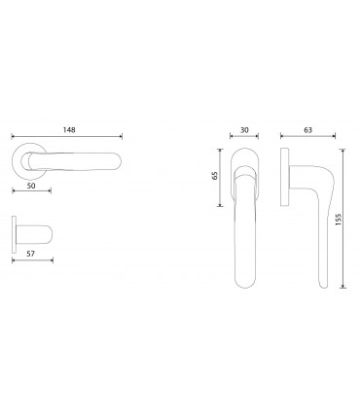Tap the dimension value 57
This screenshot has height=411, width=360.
point(30,249)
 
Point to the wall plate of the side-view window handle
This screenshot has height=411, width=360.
point(283,177)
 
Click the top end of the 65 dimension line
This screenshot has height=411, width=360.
point(225,149)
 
